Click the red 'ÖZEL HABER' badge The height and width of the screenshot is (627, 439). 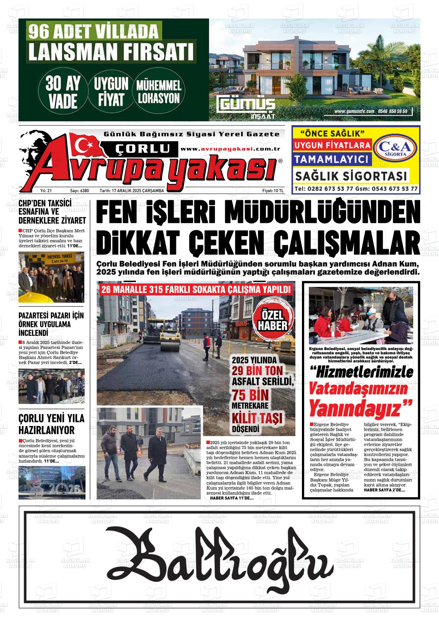pos(273,321)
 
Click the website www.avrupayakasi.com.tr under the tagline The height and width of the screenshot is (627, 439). pos(230,149)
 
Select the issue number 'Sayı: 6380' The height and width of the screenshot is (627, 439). pos(79,191)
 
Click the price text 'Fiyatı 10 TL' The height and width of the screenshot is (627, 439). pos(273,191)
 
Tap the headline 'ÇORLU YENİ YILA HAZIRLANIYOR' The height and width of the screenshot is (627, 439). pos(51,424)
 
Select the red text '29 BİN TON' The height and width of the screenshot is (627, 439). pos(257,370)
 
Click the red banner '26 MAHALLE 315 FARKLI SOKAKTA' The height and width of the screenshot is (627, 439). pos(195,290)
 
